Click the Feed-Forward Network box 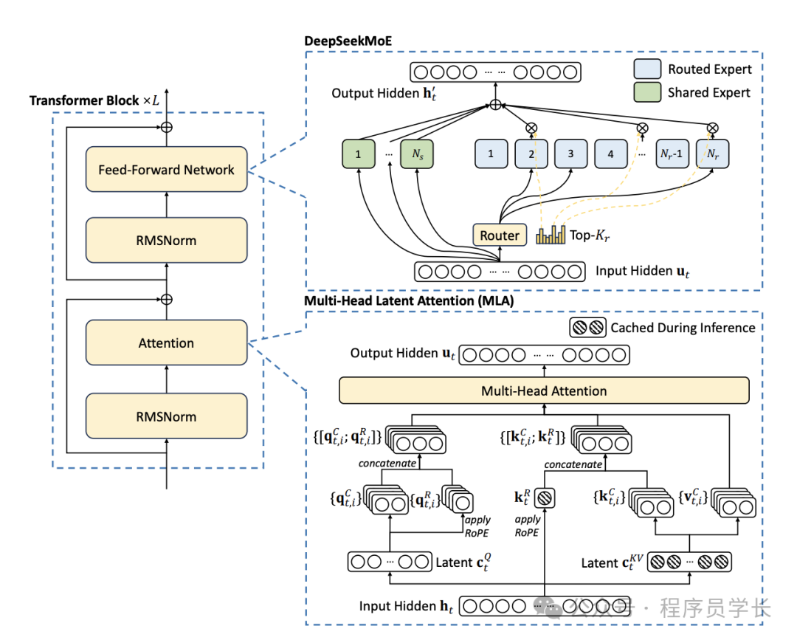coord(166,170)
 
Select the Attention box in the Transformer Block coord(166,343)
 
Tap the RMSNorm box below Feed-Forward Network coord(166,240)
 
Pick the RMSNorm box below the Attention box coord(166,416)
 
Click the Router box coord(500,235)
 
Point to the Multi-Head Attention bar coord(544,390)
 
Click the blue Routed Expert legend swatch coord(646,69)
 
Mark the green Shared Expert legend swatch coord(646,92)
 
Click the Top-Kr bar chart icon coord(550,235)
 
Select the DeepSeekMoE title coord(348,41)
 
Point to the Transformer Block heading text coord(94,100)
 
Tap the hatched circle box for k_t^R coord(544,499)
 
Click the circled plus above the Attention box coord(167,299)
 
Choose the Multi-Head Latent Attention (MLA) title coord(409,301)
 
